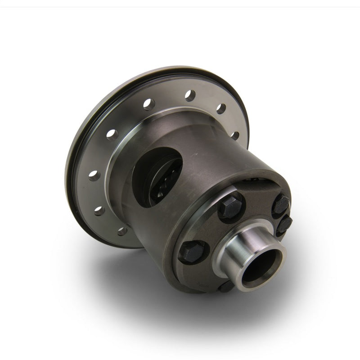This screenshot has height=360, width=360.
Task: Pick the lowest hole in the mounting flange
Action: click(122, 231)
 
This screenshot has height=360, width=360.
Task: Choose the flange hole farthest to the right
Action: click(234, 135)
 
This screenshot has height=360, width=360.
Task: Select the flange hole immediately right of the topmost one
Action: click(220, 108)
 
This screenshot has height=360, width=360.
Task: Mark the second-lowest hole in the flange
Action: click(99, 210)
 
